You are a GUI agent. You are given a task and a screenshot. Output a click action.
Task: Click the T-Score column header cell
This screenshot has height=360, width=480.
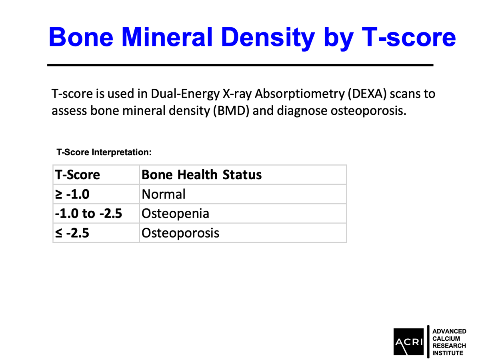(x=77, y=175)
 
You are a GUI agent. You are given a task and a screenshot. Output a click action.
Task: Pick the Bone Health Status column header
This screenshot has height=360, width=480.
(x=202, y=175)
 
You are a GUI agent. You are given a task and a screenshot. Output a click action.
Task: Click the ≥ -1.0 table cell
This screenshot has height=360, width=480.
(x=72, y=194)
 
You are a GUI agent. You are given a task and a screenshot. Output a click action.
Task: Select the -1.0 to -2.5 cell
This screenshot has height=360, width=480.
(x=88, y=213)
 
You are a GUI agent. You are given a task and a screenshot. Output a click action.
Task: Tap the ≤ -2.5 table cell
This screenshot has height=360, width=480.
(x=72, y=233)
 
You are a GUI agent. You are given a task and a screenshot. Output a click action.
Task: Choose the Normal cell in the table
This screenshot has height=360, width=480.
(x=164, y=194)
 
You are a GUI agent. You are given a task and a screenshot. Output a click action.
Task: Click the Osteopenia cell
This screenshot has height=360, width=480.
(x=175, y=213)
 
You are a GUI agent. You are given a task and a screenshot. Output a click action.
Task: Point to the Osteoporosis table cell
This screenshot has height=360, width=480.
(x=180, y=233)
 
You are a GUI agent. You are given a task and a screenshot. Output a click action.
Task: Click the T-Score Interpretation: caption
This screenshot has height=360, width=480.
(x=104, y=152)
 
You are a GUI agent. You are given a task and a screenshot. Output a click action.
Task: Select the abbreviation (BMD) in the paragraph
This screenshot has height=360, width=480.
(x=228, y=110)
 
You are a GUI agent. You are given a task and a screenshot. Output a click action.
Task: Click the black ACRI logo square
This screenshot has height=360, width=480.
(x=408, y=341)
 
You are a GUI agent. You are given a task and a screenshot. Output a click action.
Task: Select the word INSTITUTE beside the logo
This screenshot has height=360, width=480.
(x=448, y=353)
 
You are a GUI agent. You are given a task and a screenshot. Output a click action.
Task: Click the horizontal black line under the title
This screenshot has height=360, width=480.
(x=240, y=64)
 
